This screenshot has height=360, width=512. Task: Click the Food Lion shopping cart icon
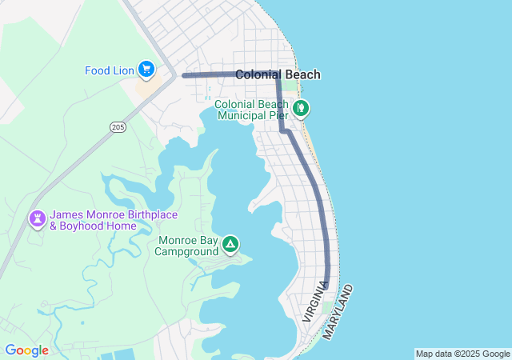[146, 70]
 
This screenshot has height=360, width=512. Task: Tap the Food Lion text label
[110, 70]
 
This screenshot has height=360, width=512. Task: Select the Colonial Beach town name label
[278, 74]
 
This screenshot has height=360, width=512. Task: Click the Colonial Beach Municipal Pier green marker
[301, 108]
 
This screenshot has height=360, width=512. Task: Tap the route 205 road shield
[118, 127]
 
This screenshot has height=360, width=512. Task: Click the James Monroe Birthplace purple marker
[38, 218]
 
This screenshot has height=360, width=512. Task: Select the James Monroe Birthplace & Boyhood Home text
[114, 220]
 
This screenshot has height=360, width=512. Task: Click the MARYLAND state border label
[338, 311]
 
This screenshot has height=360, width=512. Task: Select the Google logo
[26, 350]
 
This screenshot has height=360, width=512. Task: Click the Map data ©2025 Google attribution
[462, 354]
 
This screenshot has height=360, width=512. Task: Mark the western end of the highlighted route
[184, 75]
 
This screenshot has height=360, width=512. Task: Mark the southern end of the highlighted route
[327, 282]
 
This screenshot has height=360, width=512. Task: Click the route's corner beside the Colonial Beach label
[278, 74]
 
